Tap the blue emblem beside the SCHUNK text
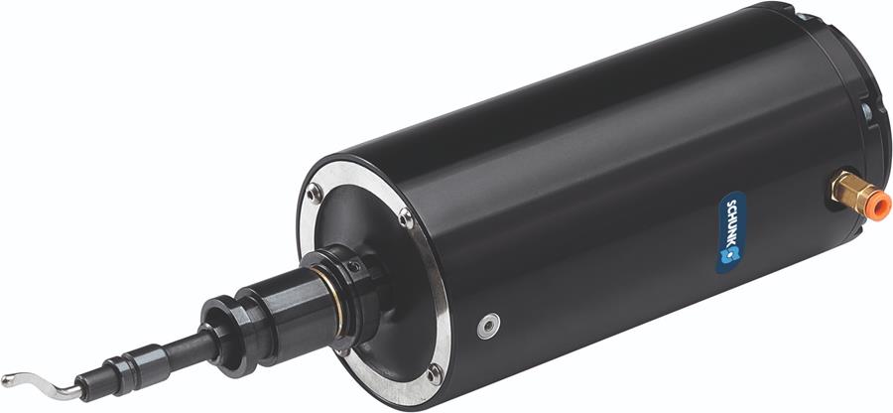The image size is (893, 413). pyautogui.click(x=730, y=254)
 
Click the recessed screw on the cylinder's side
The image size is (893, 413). pyautogui.click(x=488, y=326)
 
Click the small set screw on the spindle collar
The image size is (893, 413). pyautogui.click(x=354, y=266)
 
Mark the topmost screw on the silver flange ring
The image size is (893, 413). pyautogui.click(x=314, y=194)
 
